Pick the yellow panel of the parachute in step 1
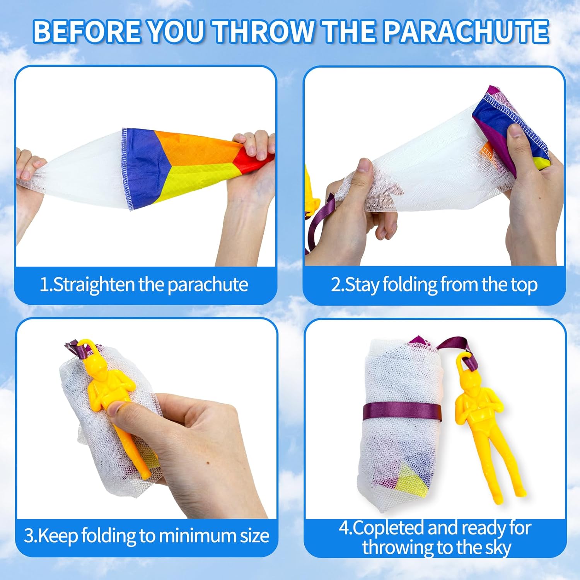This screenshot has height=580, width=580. coord(193,182)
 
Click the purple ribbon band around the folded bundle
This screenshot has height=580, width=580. coord(402,412)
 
